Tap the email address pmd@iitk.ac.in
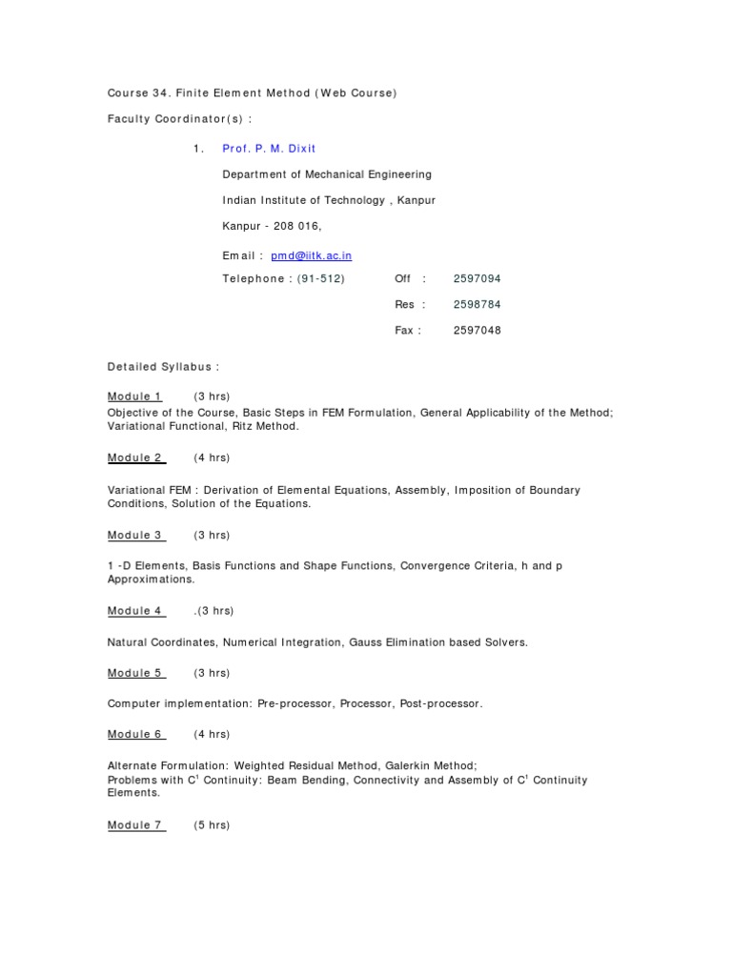coord(312,255)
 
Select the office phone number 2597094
coord(477,278)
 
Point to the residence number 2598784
coord(477,304)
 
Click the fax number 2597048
coord(477,330)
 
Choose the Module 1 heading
coord(134,396)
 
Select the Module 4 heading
coord(134,611)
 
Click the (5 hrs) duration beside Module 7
coord(212,825)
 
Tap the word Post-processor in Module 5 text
coord(441,703)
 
